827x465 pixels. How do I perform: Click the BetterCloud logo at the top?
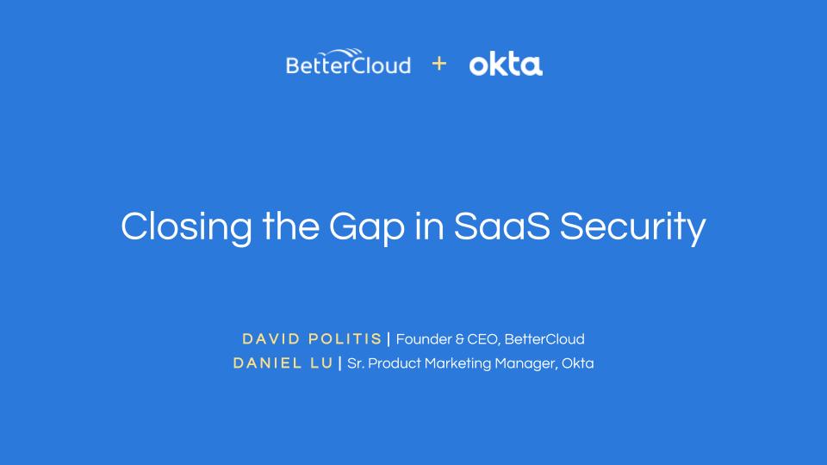[348, 62]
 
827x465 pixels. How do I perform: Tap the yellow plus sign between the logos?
[438, 64]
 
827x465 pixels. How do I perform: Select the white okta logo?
[506, 65]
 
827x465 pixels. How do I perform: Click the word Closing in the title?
[187, 227]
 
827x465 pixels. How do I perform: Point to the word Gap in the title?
[367, 227]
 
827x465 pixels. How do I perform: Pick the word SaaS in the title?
[502, 226]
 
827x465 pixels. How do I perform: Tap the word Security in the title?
[632, 227]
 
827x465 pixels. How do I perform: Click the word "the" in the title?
[290, 226]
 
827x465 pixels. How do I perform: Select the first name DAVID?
[271, 339]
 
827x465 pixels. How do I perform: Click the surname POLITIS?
[345, 339]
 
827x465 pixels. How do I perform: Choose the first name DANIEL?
[267, 363]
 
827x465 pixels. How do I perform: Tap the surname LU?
[321, 363]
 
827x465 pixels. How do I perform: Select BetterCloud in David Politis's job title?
[544, 339]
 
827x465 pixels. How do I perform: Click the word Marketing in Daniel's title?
[457, 363]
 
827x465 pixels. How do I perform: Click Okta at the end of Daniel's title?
[577, 363]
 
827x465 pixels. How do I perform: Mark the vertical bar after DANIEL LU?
[340, 363]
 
